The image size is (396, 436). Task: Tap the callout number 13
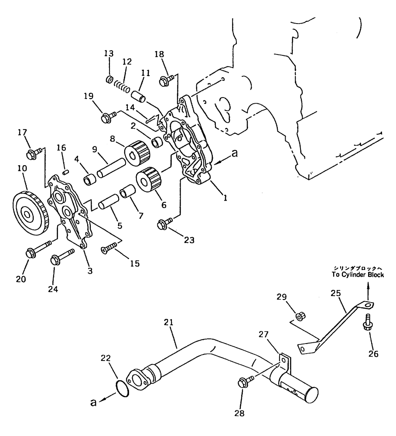[109, 54]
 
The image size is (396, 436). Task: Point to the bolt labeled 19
[106, 117]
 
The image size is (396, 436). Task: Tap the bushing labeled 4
[91, 179]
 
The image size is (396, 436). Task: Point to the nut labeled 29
[300, 315]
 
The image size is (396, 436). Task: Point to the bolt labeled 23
[164, 225]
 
